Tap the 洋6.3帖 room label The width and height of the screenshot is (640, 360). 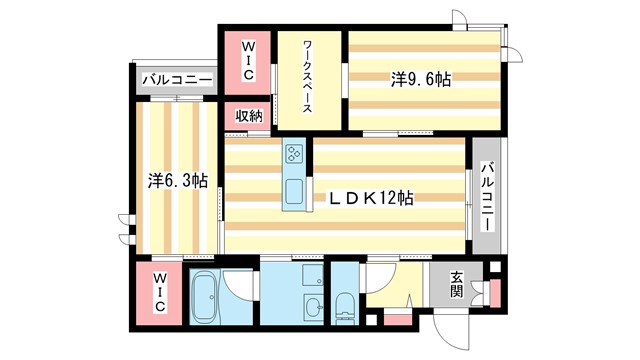pos(178,182)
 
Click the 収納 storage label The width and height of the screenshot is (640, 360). pos(249,117)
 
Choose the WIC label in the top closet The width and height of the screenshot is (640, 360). pos(247,58)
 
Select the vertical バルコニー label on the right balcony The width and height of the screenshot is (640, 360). pos(487,197)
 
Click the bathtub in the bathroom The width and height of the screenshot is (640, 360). pos(206,298)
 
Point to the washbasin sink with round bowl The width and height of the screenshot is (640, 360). pos(312,307)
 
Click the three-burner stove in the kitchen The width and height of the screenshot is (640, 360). pos(295,153)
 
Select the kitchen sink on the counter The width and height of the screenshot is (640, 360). pos(295,192)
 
